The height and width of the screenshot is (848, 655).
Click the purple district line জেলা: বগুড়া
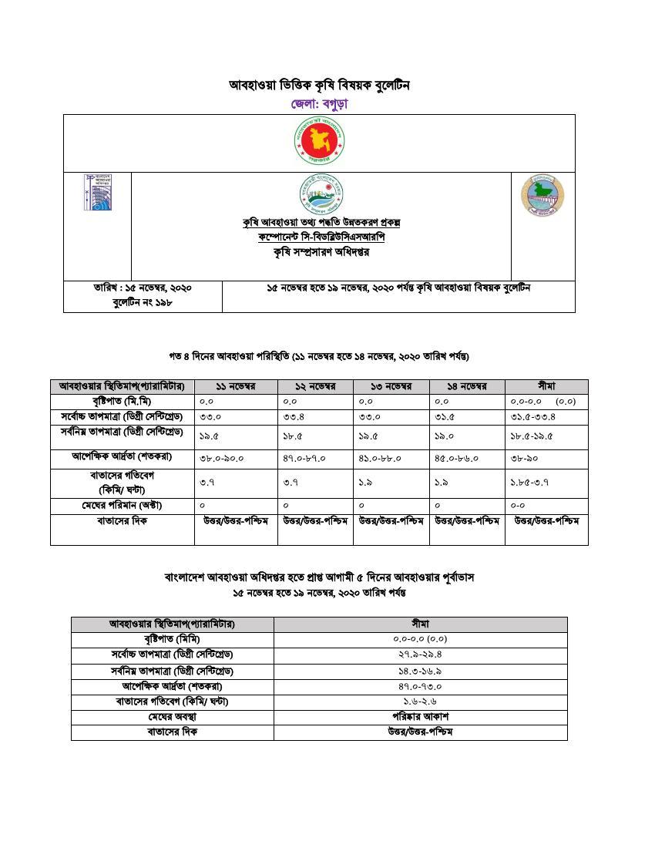[319, 103]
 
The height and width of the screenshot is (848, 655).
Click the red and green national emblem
[319, 143]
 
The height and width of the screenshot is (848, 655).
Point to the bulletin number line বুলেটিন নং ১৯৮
[143, 303]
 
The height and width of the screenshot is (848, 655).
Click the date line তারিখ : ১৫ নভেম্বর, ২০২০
[143, 288]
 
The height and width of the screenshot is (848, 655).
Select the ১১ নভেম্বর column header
[235, 386]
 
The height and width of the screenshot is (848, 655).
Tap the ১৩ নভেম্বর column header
[391, 386]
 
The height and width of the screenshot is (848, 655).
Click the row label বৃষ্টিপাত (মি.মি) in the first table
[122, 402]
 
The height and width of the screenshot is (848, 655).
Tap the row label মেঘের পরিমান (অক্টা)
[122, 506]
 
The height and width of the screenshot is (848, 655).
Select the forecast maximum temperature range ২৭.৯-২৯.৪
[420, 655]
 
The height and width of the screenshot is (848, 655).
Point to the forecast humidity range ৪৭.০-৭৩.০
[420, 685]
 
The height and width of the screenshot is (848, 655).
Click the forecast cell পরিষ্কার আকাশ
[420, 716]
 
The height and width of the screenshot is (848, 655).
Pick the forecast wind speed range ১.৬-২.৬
[420, 701]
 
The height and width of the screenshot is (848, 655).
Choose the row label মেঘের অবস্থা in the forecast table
[172, 716]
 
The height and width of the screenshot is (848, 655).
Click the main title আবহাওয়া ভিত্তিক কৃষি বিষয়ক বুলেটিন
[319, 85]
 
